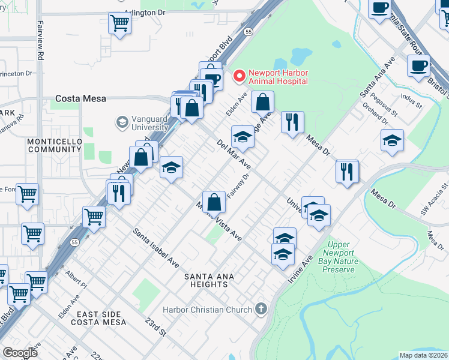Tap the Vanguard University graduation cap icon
click(x=122, y=122)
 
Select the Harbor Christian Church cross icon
click(x=260, y=309)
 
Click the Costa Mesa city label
click(x=80, y=98)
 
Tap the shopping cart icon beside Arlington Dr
click(x=119, y=23)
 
